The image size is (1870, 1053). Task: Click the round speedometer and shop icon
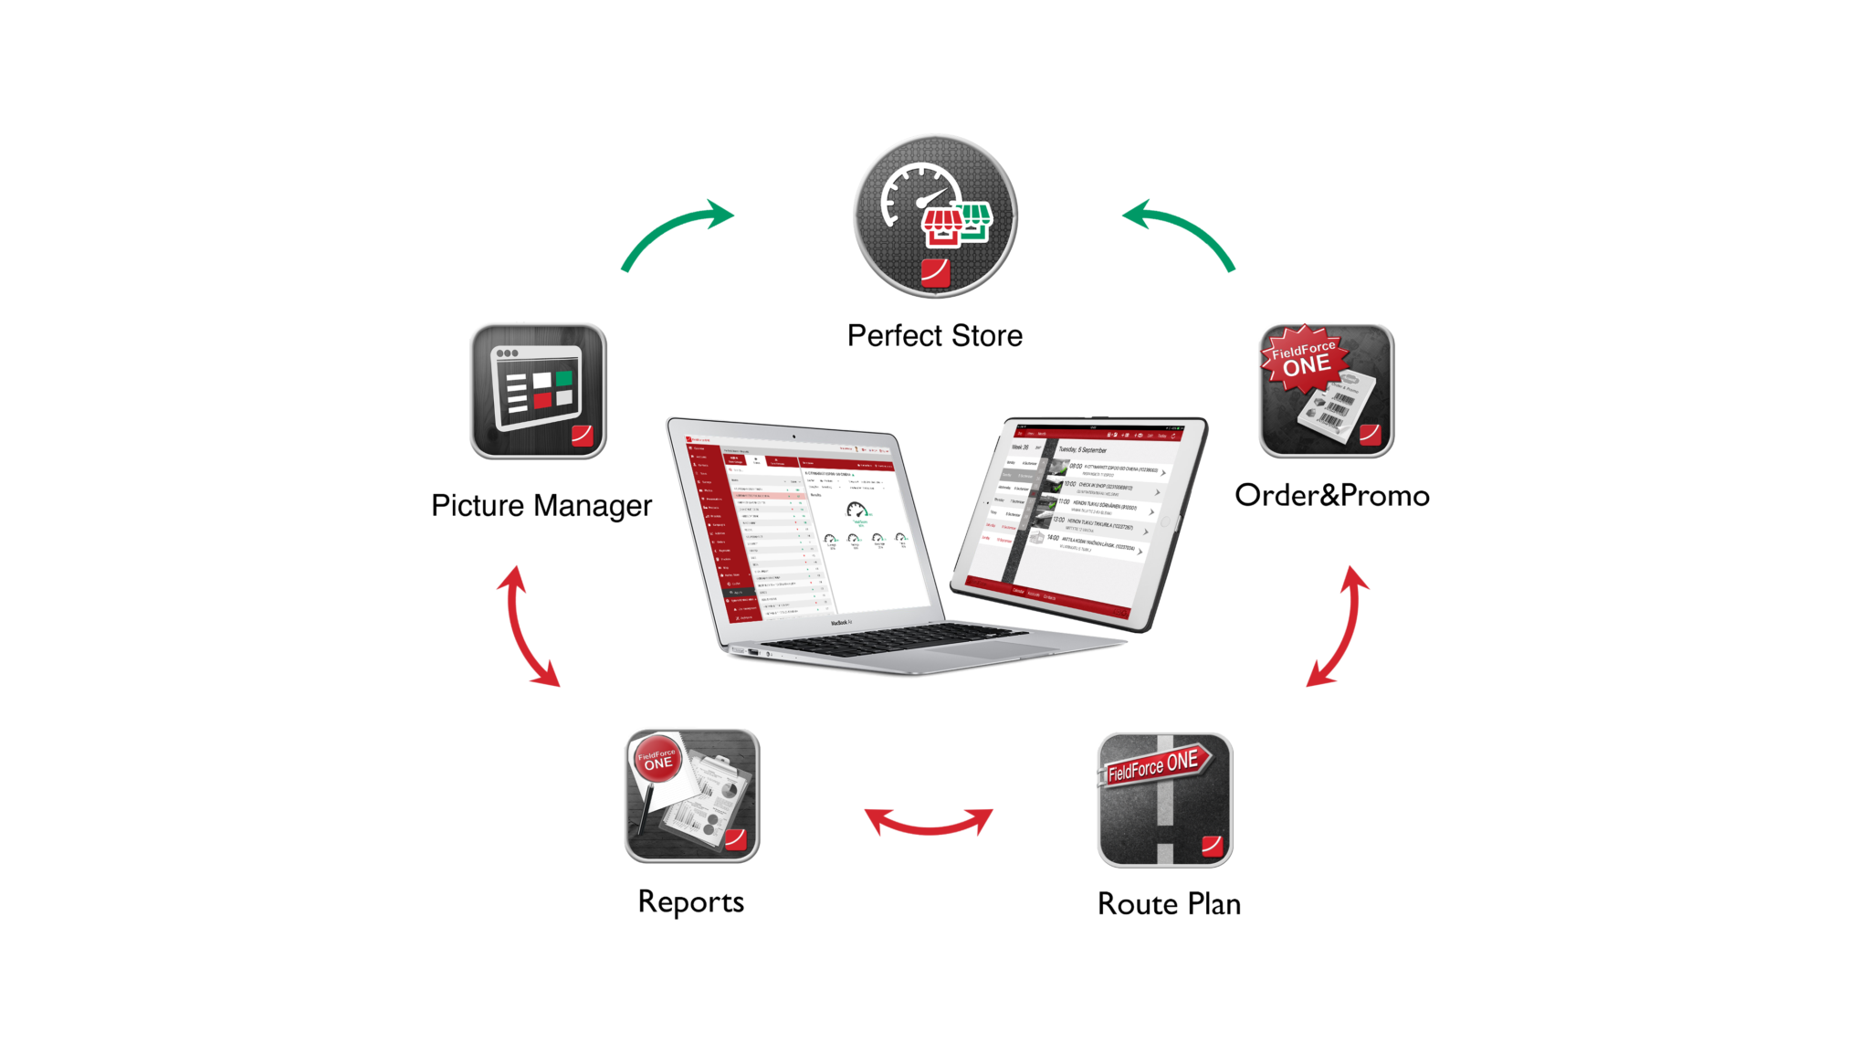(x=934, y=216)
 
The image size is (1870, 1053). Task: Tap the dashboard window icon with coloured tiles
(x=538, y=390)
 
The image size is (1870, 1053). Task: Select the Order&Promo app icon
(x=1326, y=390)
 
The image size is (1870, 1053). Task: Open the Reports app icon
(x=692, y=795)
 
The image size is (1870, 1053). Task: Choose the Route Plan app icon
(x=1164, y=800)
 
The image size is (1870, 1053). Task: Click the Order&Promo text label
(x=1332, y=496)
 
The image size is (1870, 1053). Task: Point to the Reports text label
(x=692, y=902)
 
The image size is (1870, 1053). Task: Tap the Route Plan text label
(x=1169, y=904)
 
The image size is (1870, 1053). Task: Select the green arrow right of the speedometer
(x=1182, y=235)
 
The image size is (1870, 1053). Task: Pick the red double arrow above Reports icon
(x=527, y=627)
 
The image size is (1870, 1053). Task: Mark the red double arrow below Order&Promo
(x=1339, y=627)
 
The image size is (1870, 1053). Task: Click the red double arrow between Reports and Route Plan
(x=929, y=821)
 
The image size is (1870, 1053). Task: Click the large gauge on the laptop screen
(x=856, y=511)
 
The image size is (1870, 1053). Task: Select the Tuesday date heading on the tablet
(x=1082, y=450)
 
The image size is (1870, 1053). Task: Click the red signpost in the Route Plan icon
(x=1156, y=763)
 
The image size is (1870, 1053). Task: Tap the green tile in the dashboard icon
(x=563, y=378)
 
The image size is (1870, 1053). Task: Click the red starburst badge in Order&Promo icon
(x=1304, y=357)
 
